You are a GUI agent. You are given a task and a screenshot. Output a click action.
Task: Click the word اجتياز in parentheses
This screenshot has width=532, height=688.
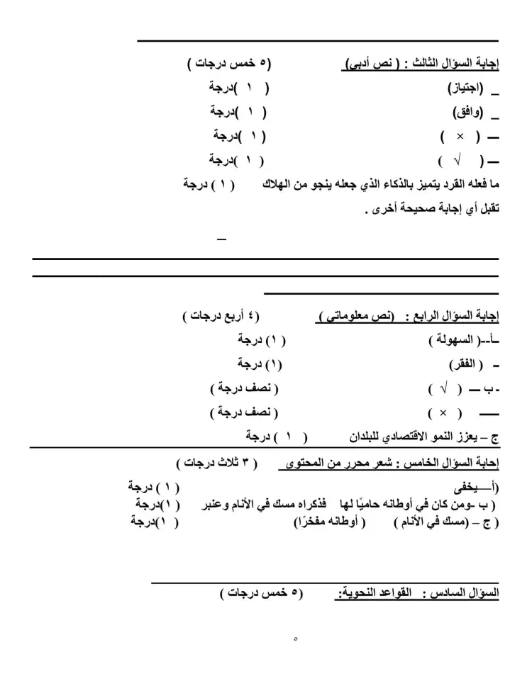click(465, 89)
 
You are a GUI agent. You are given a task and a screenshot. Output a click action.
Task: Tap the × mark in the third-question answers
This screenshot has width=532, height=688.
click(460, 136)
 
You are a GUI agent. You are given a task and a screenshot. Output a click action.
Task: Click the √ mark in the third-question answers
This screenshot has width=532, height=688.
click(458, 160)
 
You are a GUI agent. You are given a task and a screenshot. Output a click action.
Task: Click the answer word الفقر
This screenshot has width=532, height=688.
click(464, 365)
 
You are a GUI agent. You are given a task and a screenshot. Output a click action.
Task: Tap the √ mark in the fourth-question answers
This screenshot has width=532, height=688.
click(445, 389)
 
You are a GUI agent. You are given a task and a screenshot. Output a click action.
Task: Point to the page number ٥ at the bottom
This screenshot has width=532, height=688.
click(295, 638)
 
